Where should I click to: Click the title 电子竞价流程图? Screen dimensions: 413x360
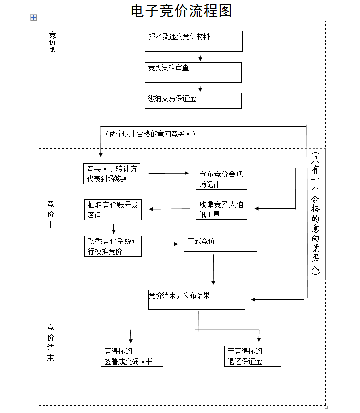[x=181, y=11]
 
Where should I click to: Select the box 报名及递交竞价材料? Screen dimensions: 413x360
[x=193, y=41]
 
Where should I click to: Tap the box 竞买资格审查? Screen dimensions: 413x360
[x=193, y=72]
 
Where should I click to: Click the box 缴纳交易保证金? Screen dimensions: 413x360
[x=193, y=100]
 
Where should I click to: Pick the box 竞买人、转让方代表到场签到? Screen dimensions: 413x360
[x=112, y=174]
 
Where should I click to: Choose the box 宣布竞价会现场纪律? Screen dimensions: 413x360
[x=221, y=179]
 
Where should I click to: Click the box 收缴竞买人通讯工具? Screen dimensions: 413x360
[x=221, y=209]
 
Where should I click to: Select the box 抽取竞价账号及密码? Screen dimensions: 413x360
[x=113, y=210]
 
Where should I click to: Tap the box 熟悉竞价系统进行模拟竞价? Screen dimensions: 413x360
[x=113, y=246]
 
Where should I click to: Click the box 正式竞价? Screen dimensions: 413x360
[x=220, y=243]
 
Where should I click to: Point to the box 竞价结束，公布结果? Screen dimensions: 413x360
[x=196, y=300]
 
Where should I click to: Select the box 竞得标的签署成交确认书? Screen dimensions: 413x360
[x=131, y=356]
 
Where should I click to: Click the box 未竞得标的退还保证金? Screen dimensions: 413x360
[x=252, y=356]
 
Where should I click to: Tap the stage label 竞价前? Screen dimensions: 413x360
[x=53, y=42]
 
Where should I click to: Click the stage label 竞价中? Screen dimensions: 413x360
[x=51, y=214]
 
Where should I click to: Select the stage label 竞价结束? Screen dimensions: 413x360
[x=51, y=342]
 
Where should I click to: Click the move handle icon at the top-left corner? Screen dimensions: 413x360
[x=34, y=18]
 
